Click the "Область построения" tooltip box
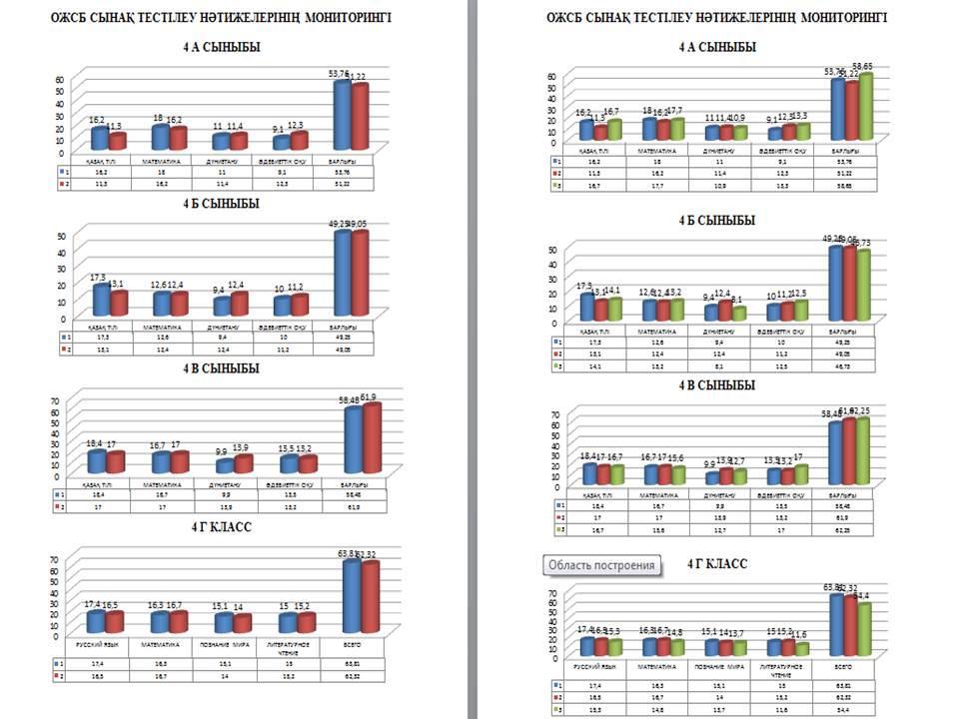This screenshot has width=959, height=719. click(602, 565)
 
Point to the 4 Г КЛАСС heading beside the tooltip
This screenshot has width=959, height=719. click(716, 564)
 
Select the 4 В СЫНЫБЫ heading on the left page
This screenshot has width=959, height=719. click(222, 368)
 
